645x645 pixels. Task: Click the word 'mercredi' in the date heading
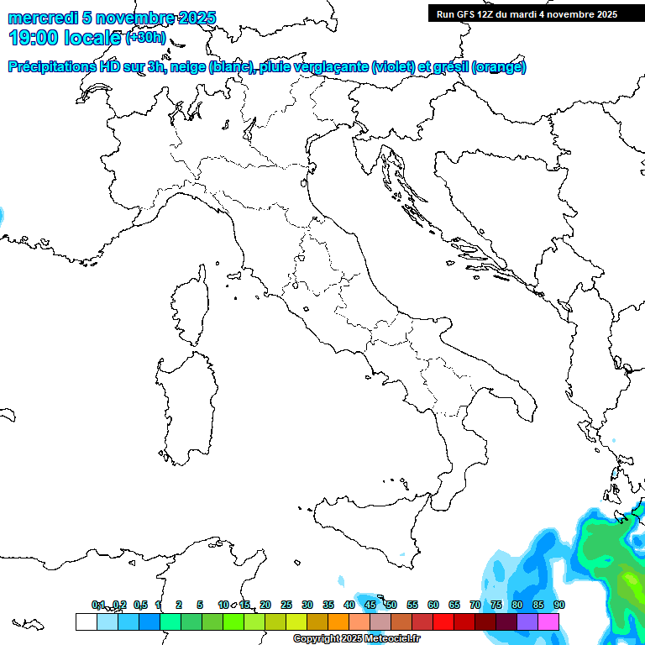coord(39,18)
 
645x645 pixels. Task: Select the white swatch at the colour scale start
coord(86,621)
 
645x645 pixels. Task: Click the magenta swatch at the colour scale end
coord(548,621)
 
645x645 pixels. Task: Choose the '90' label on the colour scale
coord(559,605)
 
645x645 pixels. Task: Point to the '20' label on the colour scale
coord(265,605)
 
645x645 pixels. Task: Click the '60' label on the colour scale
coord(433,605)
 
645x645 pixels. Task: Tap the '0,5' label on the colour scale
coord(140,605)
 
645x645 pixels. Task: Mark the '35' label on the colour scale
coord(328,605)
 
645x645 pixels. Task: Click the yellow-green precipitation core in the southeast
coord(628,583)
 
